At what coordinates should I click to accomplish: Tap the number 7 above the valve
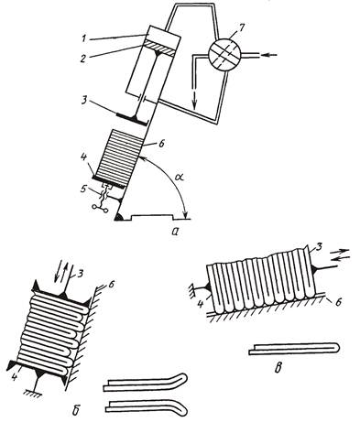tap(242, 28)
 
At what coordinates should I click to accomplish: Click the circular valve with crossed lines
tap(225, 55)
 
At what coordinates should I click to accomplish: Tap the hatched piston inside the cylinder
tap(159, 49)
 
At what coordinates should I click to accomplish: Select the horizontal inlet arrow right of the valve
tap(269, 55)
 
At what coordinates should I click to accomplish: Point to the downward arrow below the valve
tap(194, 100)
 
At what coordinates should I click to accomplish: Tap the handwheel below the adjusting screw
tap(100, 209)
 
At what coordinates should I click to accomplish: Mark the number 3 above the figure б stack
tap(79, 273)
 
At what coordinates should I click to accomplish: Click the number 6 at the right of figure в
tap(337, 302)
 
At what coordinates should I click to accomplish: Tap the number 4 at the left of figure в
tap(202, 304)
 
